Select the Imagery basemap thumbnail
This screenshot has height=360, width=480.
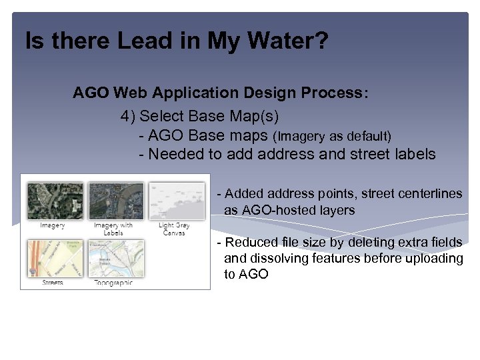[x=54, y=201]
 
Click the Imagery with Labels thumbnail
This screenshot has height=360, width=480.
[x=114, y=201]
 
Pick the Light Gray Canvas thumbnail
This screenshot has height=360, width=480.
[x=174, y=201]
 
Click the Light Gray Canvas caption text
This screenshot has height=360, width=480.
[x=174, y=229]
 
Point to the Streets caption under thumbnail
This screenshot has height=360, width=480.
[x=53, y=283]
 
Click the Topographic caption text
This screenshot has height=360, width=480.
[x=113, y=283]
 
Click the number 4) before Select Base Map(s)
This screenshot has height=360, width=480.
[x=128, y=116]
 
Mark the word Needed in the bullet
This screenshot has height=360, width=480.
[x=171, y=155]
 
